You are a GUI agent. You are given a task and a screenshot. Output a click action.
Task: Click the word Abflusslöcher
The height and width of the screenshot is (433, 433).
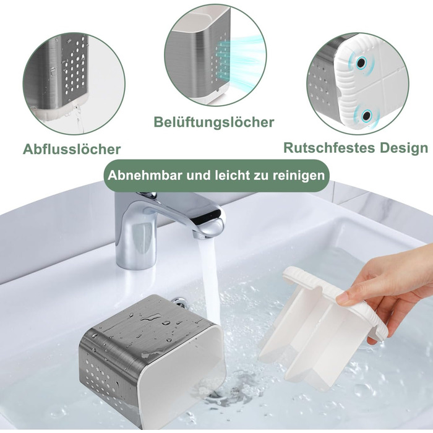[72, 150]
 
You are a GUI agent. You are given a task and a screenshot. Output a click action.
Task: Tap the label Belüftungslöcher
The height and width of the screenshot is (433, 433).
[214, 122]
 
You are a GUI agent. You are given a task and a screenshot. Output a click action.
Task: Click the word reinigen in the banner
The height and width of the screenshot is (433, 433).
[299, 176]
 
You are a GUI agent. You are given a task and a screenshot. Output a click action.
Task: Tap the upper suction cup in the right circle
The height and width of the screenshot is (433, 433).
[361, 63]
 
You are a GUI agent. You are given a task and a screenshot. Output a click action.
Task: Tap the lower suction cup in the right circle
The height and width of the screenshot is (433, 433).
[366, 115]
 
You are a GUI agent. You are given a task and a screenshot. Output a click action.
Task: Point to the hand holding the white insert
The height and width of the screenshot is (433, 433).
[387, 290]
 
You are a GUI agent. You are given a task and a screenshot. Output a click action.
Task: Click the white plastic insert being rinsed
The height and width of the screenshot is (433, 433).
[317, 326]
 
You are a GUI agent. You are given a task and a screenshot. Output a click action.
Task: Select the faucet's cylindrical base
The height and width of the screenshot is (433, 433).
[136, 243]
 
